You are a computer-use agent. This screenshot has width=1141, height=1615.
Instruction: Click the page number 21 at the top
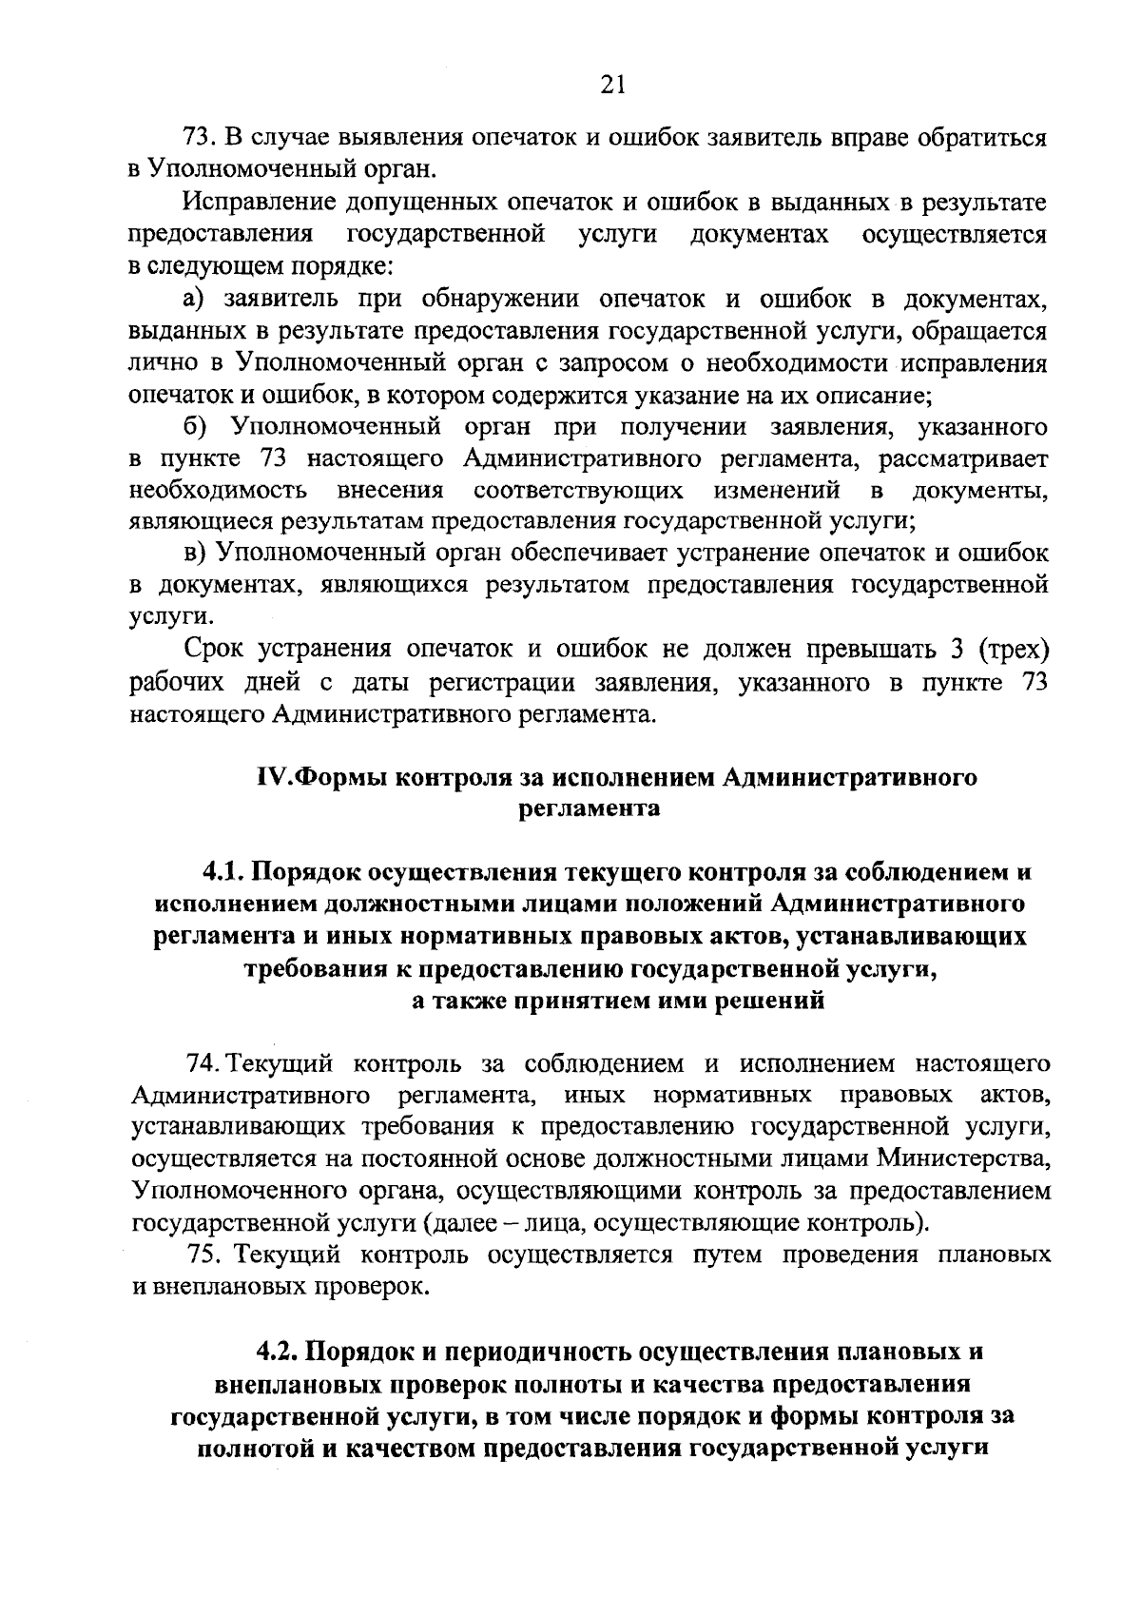(612, 86)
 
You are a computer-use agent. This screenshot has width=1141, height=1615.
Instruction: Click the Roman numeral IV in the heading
(269, 777)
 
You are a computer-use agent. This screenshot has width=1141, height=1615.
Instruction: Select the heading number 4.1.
(225, 871)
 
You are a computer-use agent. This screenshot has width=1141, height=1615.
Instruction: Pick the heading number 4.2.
(280, 1351)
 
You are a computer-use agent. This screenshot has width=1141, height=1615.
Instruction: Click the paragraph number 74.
(205, 1061)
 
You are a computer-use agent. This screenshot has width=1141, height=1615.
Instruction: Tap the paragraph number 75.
(206, 1255)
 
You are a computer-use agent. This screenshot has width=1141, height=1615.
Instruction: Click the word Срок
(212, 650)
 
